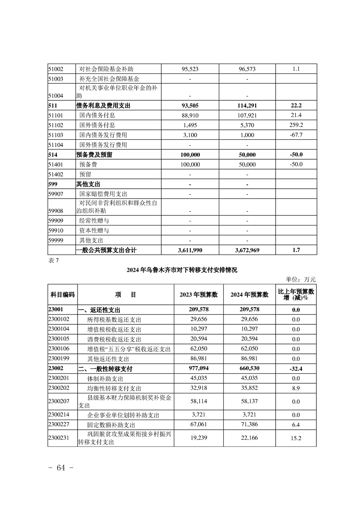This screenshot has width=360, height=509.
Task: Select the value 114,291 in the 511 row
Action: pyautogui.click(x=247, y=105)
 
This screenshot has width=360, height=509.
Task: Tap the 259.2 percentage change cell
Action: pyautogui.click(x=298, y=125)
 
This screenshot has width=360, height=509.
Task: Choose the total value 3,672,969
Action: pyautogui.click(x=247, y=250)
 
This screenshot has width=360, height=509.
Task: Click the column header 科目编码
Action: pyautogui.click(x=62, y=294)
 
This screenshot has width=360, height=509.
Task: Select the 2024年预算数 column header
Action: pyautogui.click(x=250, y=294)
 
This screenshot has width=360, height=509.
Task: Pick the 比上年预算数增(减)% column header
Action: pyautogui.click(x=298, y=294)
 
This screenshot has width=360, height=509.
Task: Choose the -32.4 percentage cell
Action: pyautogui.click(x=296, y=368)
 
